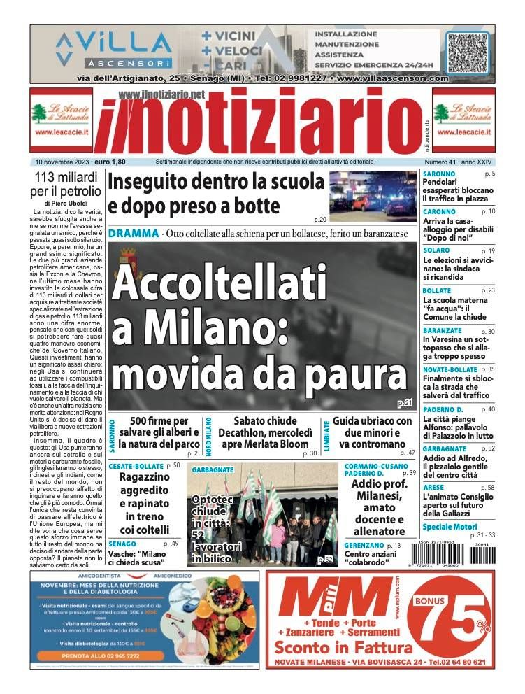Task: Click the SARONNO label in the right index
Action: click(439, 173)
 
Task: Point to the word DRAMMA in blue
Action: click(133, 233)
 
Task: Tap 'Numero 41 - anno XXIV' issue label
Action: click(459, 162)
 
